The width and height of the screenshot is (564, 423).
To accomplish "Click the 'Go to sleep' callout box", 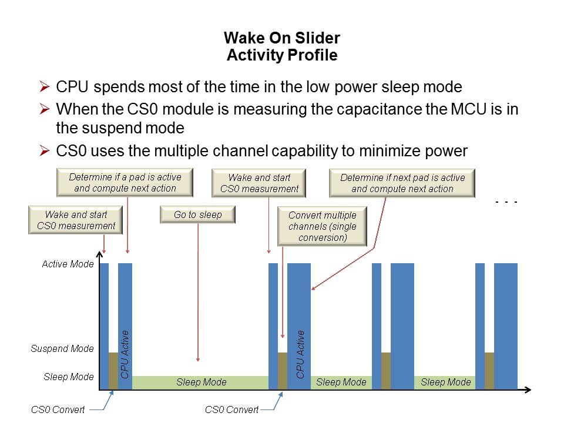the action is click(197, 215).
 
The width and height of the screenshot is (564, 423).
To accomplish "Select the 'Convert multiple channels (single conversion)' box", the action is click(323, 226).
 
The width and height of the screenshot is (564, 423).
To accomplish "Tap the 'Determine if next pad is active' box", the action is click(402, 183).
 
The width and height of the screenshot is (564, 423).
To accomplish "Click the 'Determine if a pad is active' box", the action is click(125, 183).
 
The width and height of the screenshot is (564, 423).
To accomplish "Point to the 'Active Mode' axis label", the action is click(68, 264).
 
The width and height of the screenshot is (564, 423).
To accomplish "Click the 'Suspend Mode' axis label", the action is click(62, 348).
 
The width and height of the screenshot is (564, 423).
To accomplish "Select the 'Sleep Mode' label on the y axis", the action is click(69, 377).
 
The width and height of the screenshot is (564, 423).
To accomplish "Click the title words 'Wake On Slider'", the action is click(282, 38).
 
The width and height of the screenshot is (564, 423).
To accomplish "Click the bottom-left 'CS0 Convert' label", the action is click(58, 409).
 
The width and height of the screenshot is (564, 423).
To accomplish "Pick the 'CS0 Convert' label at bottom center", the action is click(231, 409).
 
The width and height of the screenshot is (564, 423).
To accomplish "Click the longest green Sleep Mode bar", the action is click(200, 382).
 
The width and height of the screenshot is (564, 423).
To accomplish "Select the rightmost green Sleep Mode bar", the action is click(445, 382).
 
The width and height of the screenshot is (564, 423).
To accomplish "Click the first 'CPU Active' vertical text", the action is click(125, 354).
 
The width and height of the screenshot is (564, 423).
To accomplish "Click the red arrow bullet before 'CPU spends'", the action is click(44, 87).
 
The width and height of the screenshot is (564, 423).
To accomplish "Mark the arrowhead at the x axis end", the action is click(528, 390).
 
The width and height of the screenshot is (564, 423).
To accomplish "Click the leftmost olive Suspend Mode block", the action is click(113, 371).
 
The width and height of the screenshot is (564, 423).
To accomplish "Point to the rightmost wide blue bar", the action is click(506, 326).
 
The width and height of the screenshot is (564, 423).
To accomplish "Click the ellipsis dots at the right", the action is click(506, 202).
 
